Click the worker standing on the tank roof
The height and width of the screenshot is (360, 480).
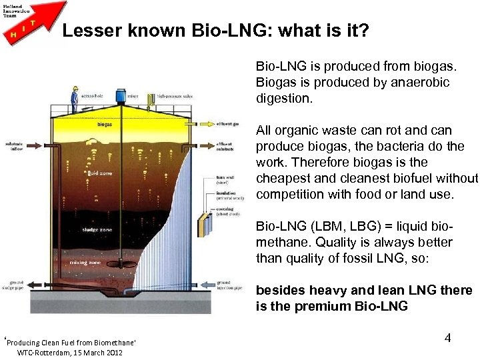tap(75, 99)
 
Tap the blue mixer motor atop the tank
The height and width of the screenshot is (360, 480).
tap(121, 96)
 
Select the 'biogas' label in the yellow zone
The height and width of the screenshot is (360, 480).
tap(104, 124)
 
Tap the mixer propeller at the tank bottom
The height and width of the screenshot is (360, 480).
tap(122, 291)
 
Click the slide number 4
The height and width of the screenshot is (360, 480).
tap(447, 338)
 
